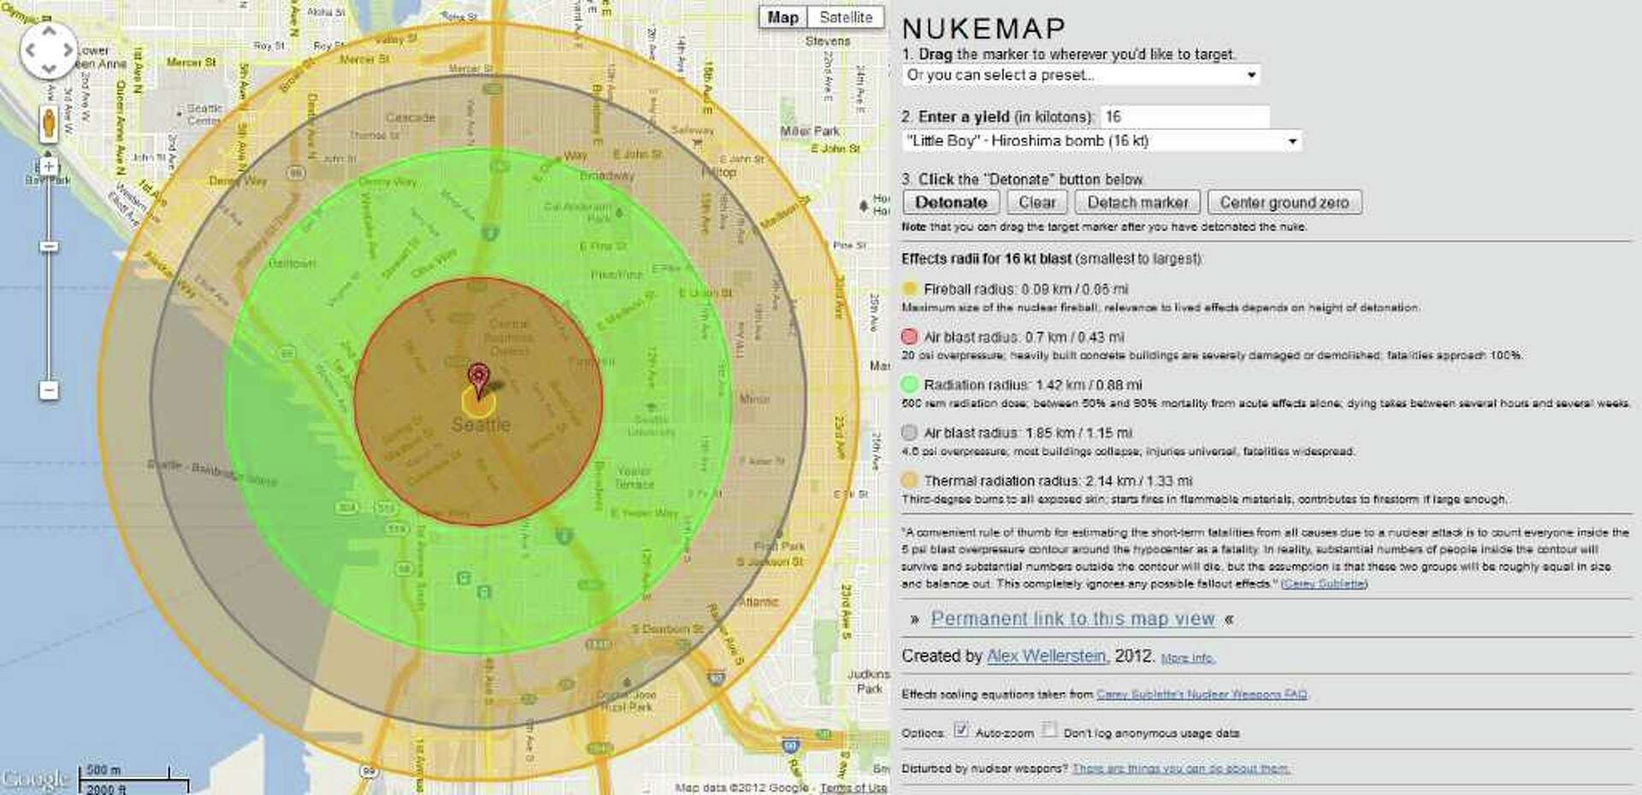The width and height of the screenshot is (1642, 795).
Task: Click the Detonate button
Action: point(951,203)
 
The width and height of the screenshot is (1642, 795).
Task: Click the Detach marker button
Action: point(1137,203)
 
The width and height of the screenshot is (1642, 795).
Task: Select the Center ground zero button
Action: point(1284,203)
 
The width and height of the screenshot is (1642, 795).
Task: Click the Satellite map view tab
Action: point(845,17)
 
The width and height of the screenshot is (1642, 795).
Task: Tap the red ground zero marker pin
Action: point(479,377)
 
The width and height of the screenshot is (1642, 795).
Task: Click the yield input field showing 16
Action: point(1184,116)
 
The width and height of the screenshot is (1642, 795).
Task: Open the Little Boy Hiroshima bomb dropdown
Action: point(1102,141)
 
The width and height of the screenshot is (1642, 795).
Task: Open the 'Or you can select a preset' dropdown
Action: point(1081,75)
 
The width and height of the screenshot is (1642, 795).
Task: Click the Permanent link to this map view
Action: point(1072,619)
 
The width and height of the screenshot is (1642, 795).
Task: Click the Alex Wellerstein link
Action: point(1046,657)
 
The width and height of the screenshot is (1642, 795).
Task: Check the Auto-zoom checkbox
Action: point(961,730)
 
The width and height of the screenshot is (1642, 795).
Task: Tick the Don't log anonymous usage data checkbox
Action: point(1049,730)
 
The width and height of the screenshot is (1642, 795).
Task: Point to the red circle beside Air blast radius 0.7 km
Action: point(909,337)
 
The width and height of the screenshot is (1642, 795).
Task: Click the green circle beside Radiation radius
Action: point(909,385)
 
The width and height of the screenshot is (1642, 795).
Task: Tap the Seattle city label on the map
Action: point(481,425)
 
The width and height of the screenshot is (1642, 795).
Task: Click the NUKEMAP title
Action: point(983,28)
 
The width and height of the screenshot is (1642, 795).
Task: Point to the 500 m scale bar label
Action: point(103,769)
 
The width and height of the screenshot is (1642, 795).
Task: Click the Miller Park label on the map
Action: point(809,131)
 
